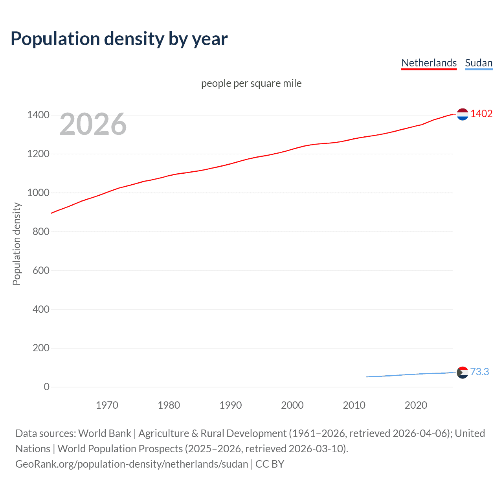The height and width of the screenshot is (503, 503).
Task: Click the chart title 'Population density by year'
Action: click(119, 39)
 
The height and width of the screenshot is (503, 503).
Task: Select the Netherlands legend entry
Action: click(429, 63)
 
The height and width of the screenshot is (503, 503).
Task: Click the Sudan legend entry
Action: click(478, 63)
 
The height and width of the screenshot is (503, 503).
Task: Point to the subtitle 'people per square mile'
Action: click(251, 83)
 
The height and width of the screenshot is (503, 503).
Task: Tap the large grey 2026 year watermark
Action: click(93, 124)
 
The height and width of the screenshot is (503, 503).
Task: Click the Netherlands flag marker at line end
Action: click(463, 114)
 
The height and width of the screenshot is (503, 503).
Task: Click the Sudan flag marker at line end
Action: click(463, 372)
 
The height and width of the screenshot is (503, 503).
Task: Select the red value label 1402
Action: click(481, 114)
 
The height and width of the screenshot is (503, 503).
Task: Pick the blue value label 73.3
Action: click(479, 372)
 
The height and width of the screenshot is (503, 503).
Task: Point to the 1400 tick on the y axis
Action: click(38, 115)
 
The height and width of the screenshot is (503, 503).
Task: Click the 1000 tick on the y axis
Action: click(38, 193)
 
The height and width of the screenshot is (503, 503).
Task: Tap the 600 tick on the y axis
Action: click(41, 270)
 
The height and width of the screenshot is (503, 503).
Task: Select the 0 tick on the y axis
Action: click(47, 387)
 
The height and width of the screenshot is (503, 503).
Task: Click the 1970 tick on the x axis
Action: click(107, 405)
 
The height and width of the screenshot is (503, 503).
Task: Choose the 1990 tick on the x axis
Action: click(231, 405)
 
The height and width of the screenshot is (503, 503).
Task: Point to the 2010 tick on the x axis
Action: click(354, 405)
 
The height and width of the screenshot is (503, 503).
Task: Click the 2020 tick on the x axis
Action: click(416, 405)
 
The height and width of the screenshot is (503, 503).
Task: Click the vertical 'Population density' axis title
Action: click(17, 244)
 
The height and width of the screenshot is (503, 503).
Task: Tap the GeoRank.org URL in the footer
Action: click(132, 464)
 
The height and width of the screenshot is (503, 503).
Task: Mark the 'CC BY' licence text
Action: click(270, 464)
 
